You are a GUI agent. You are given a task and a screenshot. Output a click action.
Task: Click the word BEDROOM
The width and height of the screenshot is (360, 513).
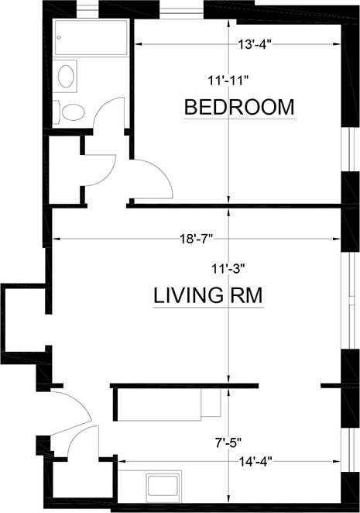tap(239, 106)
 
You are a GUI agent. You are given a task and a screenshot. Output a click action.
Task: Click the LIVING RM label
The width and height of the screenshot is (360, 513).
tap(208, 295)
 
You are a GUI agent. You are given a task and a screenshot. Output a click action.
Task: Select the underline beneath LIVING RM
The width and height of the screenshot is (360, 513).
tap(208, 308)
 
